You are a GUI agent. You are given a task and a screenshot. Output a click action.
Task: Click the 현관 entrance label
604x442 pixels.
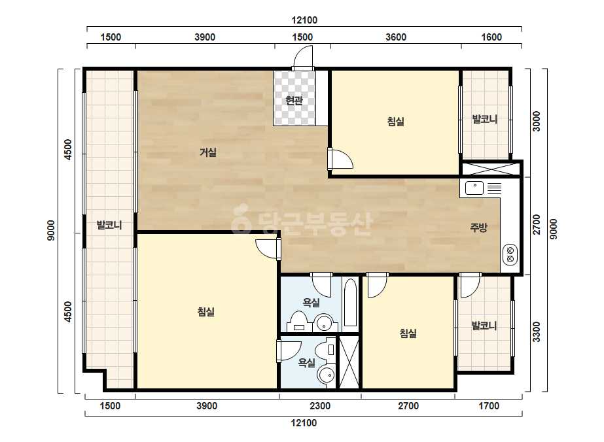tap(294, 101)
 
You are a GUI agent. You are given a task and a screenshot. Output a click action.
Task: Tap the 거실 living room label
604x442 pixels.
tap(208, 152)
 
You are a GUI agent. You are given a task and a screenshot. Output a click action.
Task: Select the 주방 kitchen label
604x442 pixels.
tap(479, 227)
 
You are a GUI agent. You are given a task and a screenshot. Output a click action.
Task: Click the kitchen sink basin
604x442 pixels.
tap(474, 188)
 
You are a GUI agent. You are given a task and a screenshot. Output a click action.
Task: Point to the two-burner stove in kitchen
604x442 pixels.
tap(510, 254)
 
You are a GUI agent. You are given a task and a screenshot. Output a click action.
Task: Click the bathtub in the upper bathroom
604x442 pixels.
tap(351, 303)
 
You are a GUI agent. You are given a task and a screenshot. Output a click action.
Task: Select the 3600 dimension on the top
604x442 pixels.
tap(396, 37)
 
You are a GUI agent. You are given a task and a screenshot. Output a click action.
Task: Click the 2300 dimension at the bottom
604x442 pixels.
tap(320, 406)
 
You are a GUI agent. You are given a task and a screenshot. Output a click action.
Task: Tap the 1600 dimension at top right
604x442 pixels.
tap(491, 37)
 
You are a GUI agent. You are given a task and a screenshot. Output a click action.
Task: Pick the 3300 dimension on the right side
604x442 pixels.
tap(536, 332)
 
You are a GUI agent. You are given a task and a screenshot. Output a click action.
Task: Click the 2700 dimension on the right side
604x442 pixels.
tap(536, 225)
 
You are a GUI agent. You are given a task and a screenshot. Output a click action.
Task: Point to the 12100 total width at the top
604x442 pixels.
tap(304, 20)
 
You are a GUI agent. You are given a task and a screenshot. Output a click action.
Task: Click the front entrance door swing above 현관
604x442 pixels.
tap(303, 58)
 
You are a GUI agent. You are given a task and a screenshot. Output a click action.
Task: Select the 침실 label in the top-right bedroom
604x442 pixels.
tap(396, 122)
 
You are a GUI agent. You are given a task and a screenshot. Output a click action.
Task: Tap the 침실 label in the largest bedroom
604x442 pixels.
tap(206, 311)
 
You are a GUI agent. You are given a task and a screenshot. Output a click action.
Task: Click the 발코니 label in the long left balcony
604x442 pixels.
tap(109, 225)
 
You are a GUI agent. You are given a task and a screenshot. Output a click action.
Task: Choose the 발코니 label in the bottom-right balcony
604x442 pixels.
tap(484, 326)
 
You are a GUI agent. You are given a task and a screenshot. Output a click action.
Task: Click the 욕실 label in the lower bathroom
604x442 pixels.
tap(307, 362)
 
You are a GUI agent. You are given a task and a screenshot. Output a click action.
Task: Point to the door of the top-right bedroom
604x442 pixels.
tap(340, 159)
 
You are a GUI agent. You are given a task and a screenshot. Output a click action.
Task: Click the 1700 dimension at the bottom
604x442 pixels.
tap(489, 406)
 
